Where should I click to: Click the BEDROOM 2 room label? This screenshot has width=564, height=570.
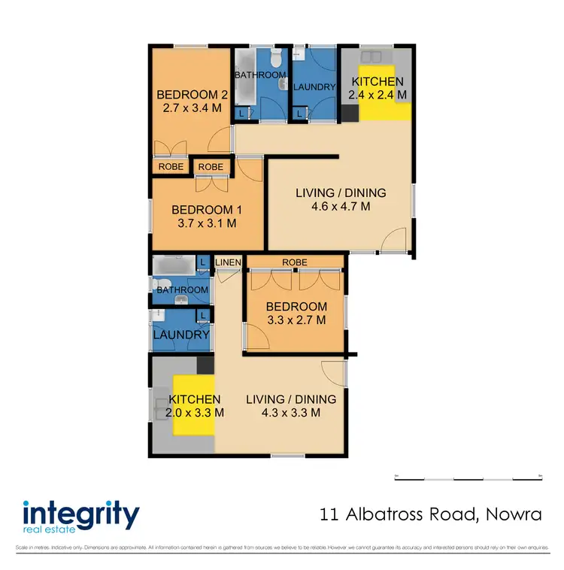coord(192,95)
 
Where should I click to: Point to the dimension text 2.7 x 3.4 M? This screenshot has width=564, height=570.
coord(192,108)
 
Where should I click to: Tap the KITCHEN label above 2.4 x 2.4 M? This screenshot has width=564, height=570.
coord(378,82)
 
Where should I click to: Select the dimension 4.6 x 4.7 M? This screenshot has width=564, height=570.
coord(341,206)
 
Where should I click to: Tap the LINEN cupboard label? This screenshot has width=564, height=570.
coord(229,262)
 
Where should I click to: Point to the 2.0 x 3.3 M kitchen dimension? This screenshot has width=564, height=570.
coord(196,412)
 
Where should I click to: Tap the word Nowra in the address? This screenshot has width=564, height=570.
coord(511,515)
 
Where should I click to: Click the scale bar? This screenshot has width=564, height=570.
coord(468,478)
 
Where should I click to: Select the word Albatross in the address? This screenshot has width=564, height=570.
coord(374,515)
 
